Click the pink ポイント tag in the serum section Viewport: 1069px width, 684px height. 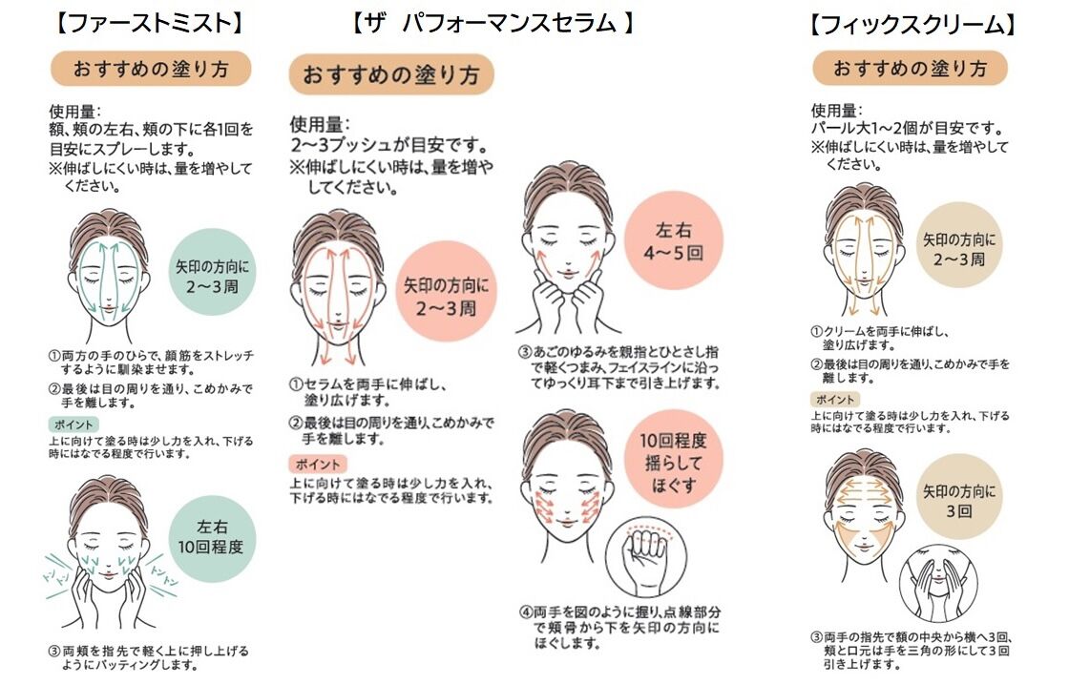coord(316,465)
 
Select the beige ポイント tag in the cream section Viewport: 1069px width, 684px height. coord(833,399)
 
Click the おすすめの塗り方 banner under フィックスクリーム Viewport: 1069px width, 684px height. coord(910,69)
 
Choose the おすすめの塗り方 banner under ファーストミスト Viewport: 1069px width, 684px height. coord(150,69)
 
